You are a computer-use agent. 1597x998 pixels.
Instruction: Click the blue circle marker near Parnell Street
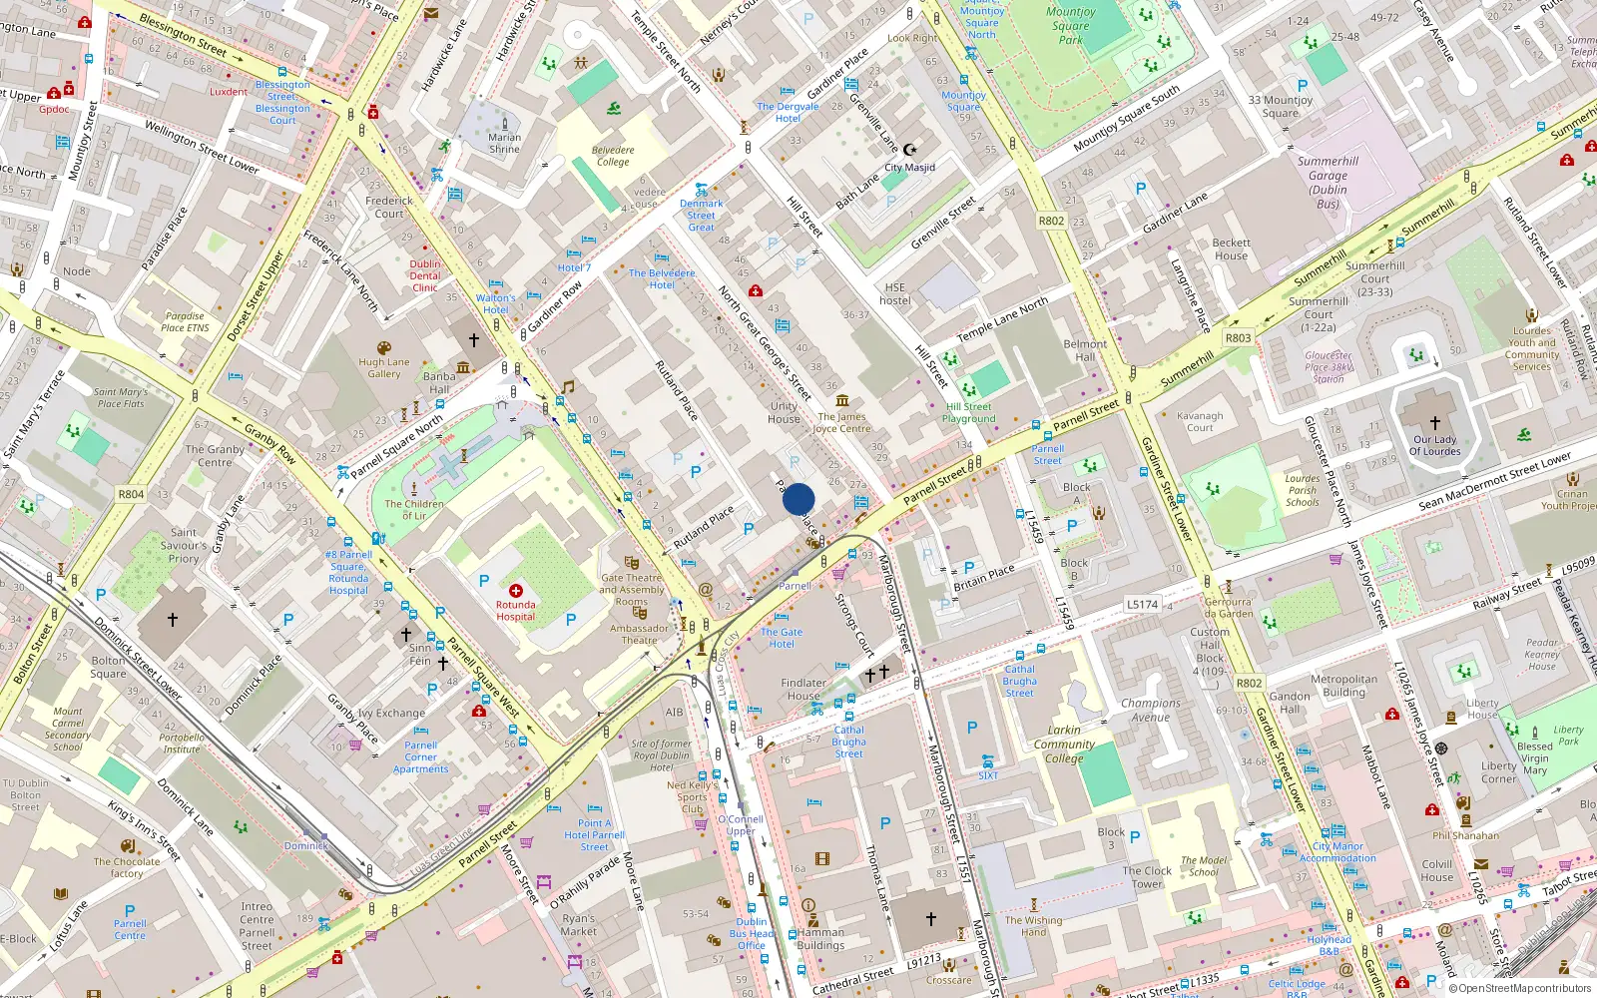pos(798,499)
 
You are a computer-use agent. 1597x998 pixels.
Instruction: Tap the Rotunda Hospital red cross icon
pos(516,592)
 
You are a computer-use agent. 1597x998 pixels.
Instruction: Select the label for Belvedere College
pos(613,156)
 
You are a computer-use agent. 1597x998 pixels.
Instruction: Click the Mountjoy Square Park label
pos(1070,26)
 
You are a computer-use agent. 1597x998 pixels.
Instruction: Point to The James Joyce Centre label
pos(841,422)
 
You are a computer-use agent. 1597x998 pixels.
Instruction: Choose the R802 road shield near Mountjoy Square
pos(1051,221)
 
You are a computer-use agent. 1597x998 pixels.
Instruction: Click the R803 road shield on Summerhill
pos(1238,337)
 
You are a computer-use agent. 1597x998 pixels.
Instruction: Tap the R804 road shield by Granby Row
pos(131,494)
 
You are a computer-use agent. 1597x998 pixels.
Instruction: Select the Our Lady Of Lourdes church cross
pos(1434,423)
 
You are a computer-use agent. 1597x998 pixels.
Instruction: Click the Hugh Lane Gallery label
pos(384,368)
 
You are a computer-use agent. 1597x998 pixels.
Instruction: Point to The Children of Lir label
pos(414,510)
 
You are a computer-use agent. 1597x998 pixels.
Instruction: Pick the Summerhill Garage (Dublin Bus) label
pos(1328,182)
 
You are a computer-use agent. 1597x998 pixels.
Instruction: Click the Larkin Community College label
pos(1064,744)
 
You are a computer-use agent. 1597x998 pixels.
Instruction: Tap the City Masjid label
pos(909,168)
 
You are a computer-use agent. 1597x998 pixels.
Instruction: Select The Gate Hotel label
pos(782,638)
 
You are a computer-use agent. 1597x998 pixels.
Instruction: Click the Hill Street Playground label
pos(968,412)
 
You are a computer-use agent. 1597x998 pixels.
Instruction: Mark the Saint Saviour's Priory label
pos(184,545)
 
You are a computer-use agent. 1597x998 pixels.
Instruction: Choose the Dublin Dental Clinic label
pos(425,275)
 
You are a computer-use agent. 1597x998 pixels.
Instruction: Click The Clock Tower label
pos(1147,877)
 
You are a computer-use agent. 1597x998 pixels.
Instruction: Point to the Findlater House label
pos(803,690)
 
